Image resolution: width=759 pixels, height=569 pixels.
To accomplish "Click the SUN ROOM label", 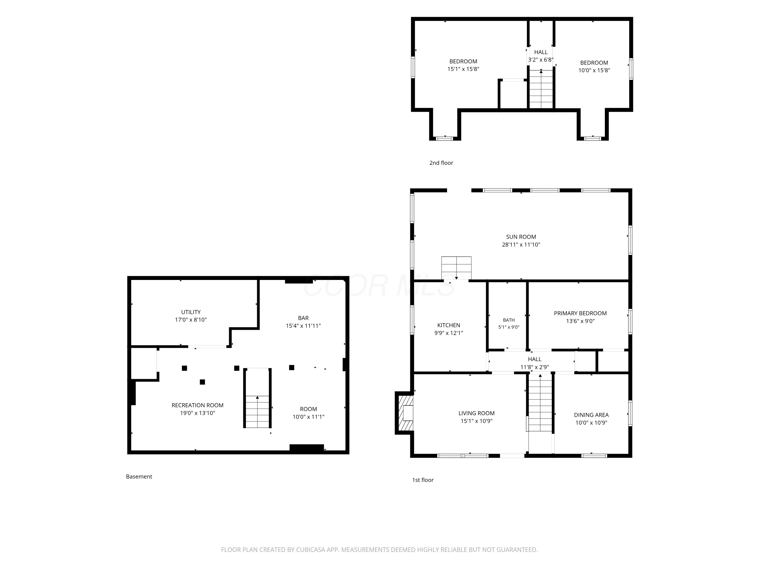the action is [x=521, y=237].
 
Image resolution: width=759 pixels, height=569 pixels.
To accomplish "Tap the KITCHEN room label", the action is [x=449, y=325].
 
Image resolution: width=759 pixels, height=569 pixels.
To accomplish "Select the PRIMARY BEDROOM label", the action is [x=580, y=313].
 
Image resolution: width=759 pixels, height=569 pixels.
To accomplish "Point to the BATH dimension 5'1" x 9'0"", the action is [x=509, y=327].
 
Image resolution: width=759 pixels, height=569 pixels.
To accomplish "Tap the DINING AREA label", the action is [x=591, y=415].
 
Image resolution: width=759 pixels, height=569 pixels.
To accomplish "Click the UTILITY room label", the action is [x=191, y=312].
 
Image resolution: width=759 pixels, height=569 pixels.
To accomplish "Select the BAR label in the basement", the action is [x=303, y=318].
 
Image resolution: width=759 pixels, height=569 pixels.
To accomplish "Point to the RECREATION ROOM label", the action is [x=197, y=405].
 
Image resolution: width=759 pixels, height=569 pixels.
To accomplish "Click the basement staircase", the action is [x=257, y=398].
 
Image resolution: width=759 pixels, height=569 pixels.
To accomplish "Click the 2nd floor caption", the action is [x=441, y=163].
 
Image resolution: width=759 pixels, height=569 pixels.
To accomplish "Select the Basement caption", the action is [x=139, y=476].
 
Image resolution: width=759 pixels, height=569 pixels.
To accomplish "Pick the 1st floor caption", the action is [x=423, y=480].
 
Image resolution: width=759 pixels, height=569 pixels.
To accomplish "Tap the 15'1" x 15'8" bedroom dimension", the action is [x=463, y=69].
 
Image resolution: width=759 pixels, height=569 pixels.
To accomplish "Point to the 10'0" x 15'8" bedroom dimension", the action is [x=594, y=70].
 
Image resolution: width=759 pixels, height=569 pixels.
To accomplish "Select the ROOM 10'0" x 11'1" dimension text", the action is [x=308, y=417].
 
